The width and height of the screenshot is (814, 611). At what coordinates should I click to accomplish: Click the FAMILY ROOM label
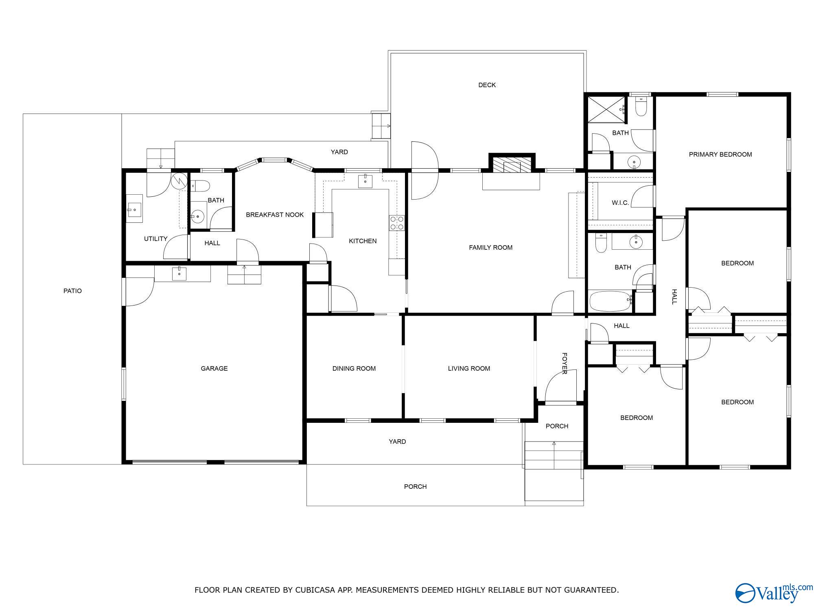tap(490, 247)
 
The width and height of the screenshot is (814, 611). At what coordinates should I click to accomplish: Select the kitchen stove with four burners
tap(397, 223)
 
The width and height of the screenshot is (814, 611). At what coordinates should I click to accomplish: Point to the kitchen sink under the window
tap(365, 181)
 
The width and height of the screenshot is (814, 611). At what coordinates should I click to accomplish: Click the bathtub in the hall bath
tap(610, 301)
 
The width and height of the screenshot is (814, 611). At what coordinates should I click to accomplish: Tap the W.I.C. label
tap(620, 202)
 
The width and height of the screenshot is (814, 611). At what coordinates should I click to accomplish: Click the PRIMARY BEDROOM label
tap(720, 154)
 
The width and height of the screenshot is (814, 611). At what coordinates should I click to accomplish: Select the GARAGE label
tap(214, 368)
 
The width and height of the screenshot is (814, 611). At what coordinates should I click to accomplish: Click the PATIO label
tap(72, 291)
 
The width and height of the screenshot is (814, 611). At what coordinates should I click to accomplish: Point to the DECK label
tap(487, 85)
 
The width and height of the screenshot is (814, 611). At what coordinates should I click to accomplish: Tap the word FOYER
tap(565, 363)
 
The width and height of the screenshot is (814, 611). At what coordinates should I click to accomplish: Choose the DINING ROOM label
tap(354, 368)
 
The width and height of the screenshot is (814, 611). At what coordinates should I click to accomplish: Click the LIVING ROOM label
tap(469, 368)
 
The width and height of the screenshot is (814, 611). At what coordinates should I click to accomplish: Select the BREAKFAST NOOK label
tap(275, 215)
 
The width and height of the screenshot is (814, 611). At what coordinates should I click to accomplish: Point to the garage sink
tap(179, 274)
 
